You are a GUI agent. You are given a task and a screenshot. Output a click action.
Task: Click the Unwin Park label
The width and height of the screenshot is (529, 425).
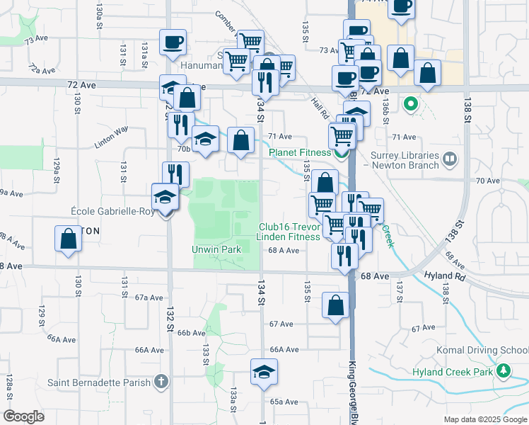(x=216, y=249)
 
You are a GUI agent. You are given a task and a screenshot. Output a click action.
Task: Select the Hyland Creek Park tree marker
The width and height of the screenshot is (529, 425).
(x=504, y=370)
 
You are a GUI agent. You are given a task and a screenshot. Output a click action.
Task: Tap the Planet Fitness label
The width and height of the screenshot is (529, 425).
(x=300, y=152)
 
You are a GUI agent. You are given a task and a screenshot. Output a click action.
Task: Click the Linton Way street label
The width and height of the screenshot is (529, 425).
(x=111, y=137)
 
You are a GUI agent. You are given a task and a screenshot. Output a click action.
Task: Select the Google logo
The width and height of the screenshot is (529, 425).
(x=24, y=416)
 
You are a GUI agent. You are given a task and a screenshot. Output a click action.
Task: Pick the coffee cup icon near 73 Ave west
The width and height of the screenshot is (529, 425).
(x=173, y=42)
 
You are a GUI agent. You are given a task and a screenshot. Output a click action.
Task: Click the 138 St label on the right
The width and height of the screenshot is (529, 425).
(x=467, y=116)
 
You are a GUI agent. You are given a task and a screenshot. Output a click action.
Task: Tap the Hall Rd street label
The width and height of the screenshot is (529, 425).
(x=320, y=108)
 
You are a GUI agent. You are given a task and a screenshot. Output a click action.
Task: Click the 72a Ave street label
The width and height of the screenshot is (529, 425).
(x=42, y=69)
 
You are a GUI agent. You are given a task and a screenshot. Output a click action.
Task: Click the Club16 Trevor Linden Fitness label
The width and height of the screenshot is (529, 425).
(x=289, y=232)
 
